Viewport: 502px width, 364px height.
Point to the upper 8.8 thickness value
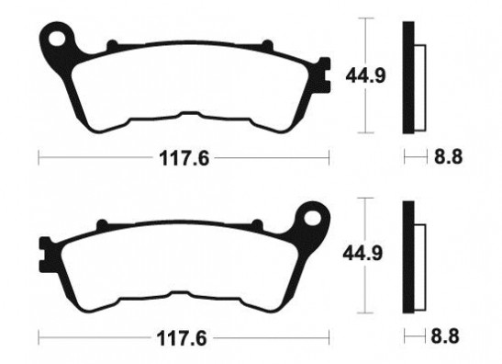tap(447, 157)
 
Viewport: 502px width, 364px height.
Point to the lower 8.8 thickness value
tap(447, 336)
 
